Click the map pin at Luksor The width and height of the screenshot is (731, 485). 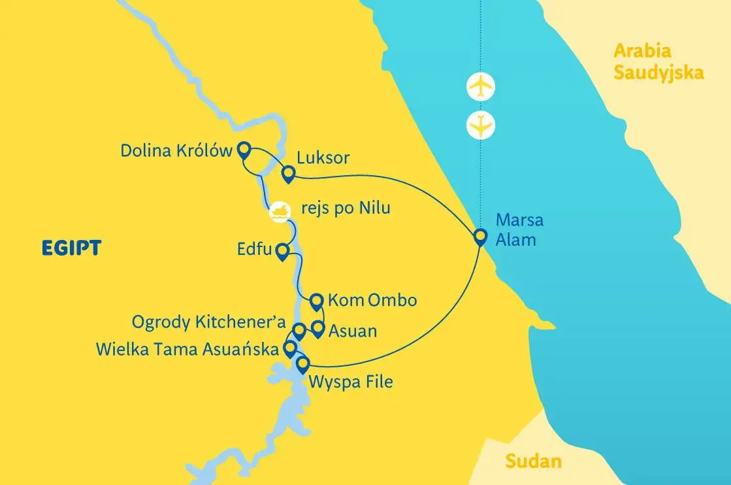click(x=287, y=173)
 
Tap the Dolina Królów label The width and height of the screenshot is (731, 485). click(x=176, y=151)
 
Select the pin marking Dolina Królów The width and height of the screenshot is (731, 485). click(x=244, y=150)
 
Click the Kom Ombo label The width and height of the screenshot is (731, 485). click(x=372, y=301)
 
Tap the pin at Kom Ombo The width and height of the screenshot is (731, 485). click(x=317, y=301)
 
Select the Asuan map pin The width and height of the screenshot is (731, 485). click(x=318, y=328)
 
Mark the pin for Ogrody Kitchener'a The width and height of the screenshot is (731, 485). click(x=299, y=330)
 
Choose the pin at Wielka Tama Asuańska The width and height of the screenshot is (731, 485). click(x=290, y=348)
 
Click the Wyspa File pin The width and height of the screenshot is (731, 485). click(x=302, y=363)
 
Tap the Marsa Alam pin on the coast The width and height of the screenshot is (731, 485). click(x=481, y=235)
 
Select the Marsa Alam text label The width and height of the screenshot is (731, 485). click(x=519, y=229)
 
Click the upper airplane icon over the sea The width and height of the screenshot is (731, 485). click(x=481, y=86)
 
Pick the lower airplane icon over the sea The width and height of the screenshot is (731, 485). click(x=481, y=125)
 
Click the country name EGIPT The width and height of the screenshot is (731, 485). click(x=71, y=248)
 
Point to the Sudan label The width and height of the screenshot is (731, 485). click(x=533, y=461)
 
